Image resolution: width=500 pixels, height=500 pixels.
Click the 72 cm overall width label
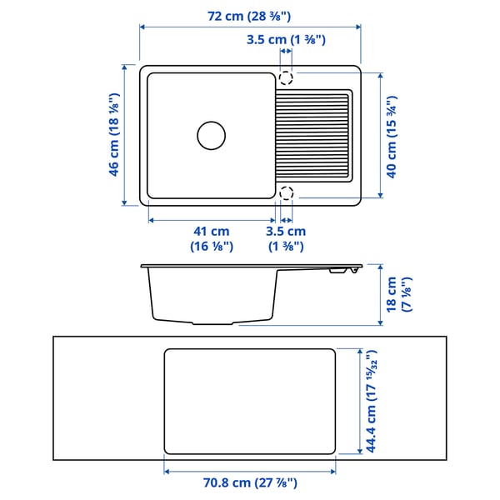250,16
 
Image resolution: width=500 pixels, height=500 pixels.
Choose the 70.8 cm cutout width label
250,482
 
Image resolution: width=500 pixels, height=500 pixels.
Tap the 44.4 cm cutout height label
367,401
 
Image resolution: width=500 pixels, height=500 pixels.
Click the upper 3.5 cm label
285,39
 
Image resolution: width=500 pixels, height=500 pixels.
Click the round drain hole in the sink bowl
211,134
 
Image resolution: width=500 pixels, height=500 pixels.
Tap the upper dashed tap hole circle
286,78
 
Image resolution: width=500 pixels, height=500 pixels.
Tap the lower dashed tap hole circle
286,193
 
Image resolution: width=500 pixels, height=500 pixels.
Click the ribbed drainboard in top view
313,134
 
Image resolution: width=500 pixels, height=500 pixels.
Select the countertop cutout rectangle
250,402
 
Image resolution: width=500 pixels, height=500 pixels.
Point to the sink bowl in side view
212,296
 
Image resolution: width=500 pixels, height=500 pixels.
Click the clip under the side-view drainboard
338,271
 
